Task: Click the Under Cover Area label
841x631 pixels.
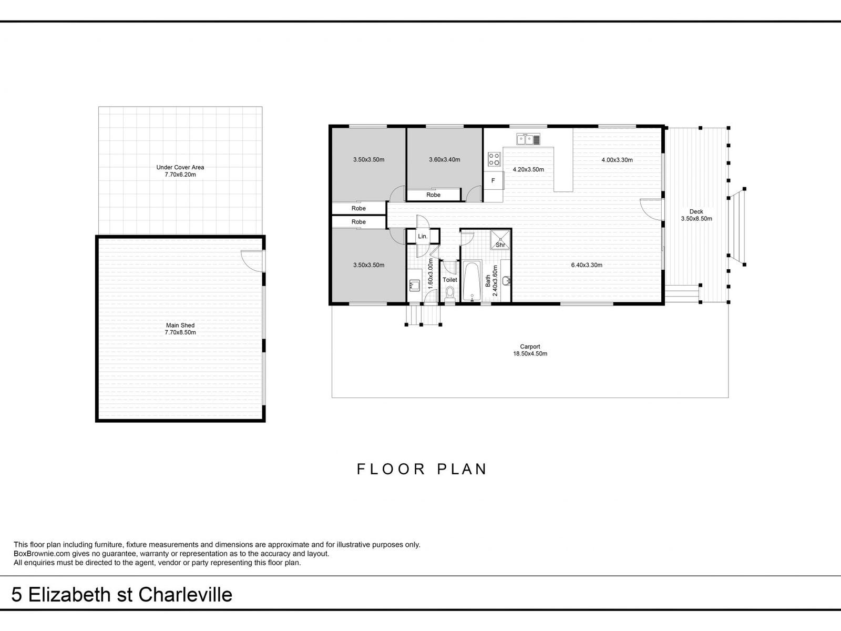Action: tap(180, 171)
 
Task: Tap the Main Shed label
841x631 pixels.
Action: tap(180, 329)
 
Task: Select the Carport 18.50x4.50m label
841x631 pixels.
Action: tap(530, 350)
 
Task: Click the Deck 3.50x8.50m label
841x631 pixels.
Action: tap(696, 215)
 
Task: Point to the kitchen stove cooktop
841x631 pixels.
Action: tap(494, 159)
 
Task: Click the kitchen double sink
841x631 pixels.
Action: tap(528, 139)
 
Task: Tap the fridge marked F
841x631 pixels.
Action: tap(493, 181)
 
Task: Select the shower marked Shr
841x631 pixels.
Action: tap(500, 239)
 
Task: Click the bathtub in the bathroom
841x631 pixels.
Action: tap(472, 281)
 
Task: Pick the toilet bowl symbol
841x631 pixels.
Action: tap(450, 293)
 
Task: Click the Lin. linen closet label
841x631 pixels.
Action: tap(423, 237)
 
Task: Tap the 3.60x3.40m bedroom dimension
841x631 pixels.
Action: tap(445, 160)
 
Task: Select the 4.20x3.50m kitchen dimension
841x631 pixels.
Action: tap(528, 169)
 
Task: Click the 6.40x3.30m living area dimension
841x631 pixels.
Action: tap(587, 264)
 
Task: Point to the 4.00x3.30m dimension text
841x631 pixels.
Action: tap(617, 160)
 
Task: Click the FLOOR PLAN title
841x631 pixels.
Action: tap(422, 470)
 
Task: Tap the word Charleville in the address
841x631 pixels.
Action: tap(185, 595)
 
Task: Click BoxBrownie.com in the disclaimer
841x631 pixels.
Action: tap(42, 554)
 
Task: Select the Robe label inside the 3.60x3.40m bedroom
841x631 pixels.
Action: tap(433, 195)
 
